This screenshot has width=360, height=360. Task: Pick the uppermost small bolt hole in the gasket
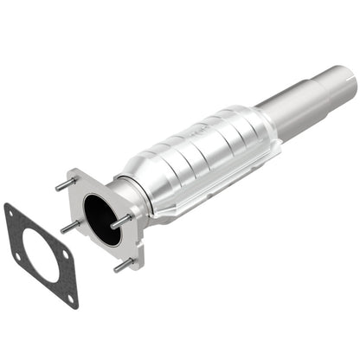[10, 212]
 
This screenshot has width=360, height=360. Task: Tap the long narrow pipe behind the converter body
[294, 107]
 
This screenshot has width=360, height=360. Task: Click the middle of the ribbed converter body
[203, 160]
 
